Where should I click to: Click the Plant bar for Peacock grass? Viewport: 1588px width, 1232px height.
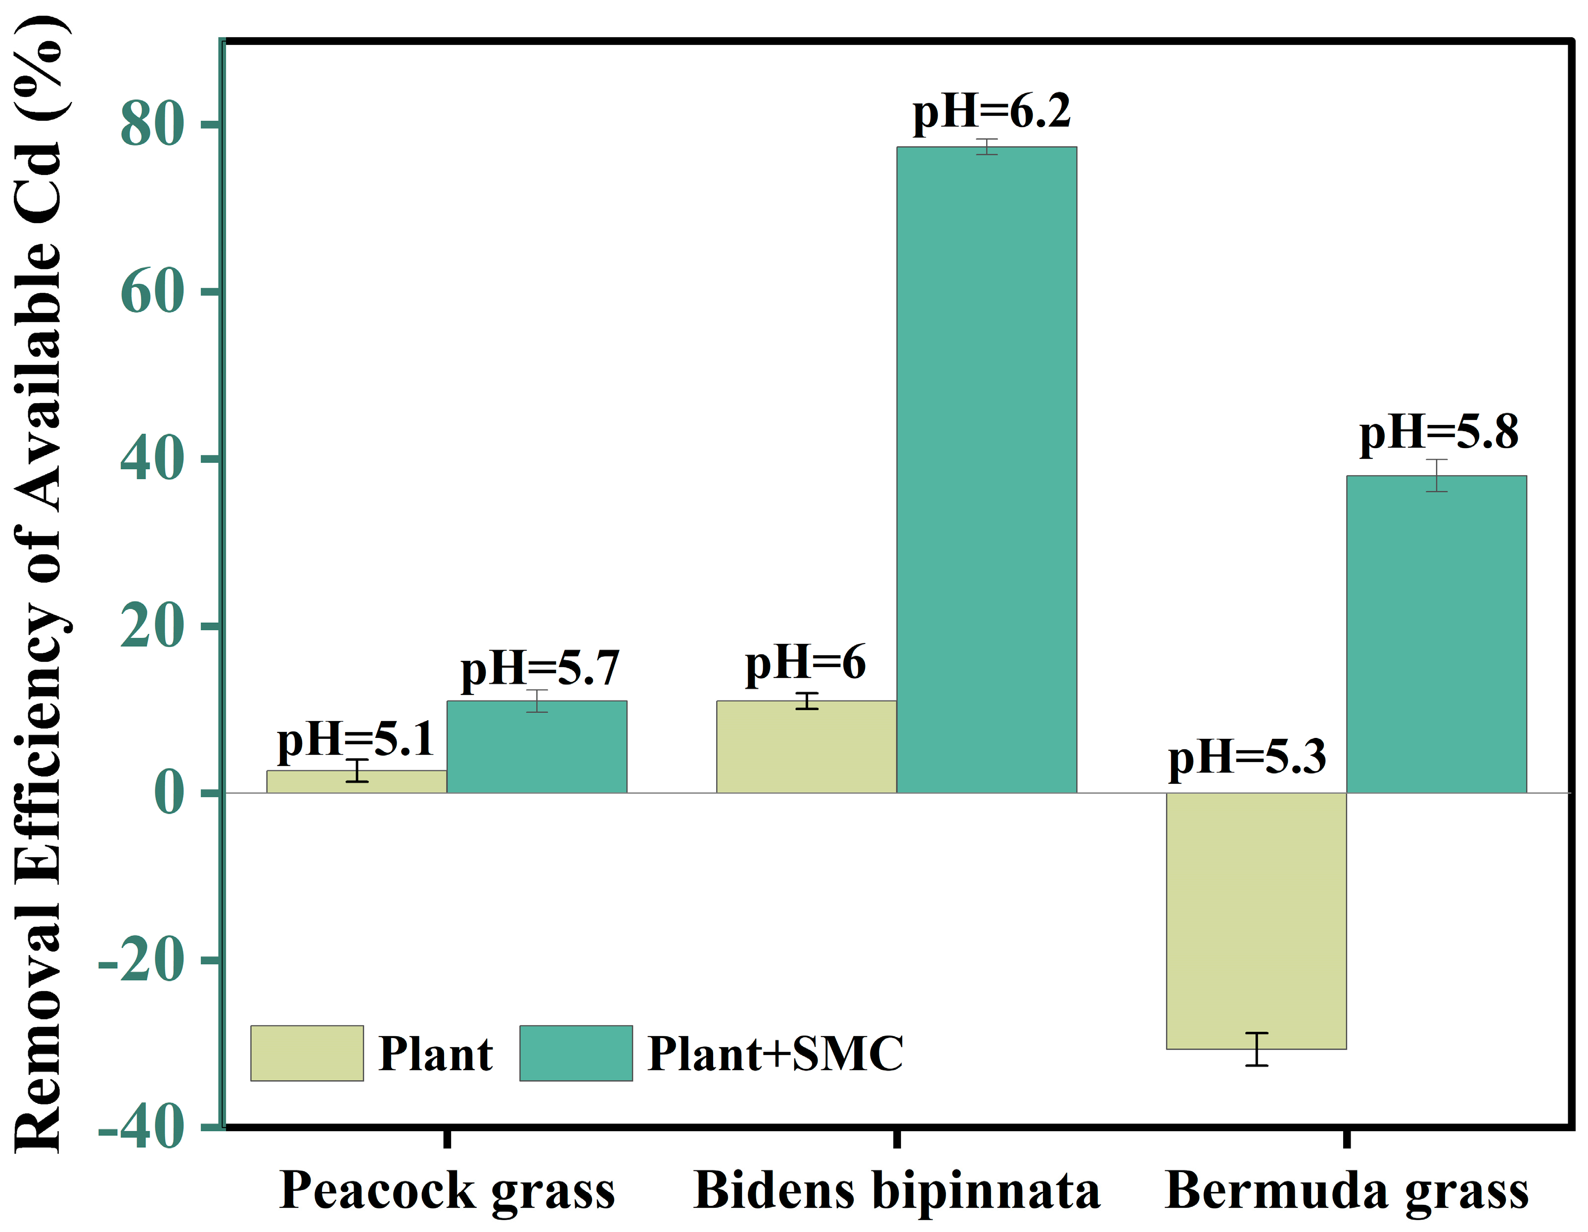click(x=356, y=782)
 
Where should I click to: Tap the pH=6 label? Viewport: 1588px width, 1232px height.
click(x=806, y=663)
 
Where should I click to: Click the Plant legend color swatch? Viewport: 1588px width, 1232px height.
click(x=307, y=1053)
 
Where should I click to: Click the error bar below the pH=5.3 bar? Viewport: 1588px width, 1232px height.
click(x=1257, y=1049)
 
